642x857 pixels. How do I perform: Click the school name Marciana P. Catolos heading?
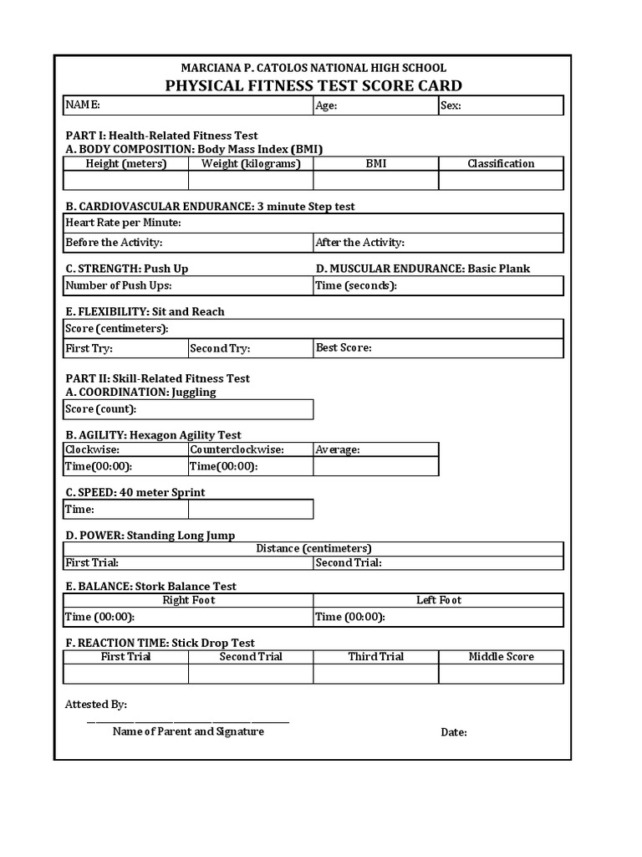(313, 68)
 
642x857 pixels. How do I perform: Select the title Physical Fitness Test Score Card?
(313, 85)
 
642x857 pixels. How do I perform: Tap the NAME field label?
(83, 105)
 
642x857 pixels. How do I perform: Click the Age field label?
(326, 105)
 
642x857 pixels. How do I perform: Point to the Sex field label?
(451, 105)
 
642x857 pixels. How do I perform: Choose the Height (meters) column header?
(126, 163)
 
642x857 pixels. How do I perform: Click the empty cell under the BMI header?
(376, 181)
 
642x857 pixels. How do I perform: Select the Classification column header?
(501, 163)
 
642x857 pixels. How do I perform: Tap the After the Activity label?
(359, 243)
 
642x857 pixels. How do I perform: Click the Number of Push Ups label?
(119, 286)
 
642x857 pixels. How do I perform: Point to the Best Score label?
(344, 347)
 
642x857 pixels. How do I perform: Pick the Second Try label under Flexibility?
(220, 348)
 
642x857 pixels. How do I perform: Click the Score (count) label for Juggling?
(100, 409)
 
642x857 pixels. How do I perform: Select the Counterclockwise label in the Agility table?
(237, 449)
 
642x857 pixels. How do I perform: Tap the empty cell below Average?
(376, 466)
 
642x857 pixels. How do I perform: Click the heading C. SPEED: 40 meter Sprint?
(135, 492)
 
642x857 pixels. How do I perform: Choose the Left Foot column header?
(439, 600)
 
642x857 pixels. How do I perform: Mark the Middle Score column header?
(501, 657)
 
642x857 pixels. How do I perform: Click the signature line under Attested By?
(188, 721)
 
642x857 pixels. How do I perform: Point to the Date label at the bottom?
(454, 732)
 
